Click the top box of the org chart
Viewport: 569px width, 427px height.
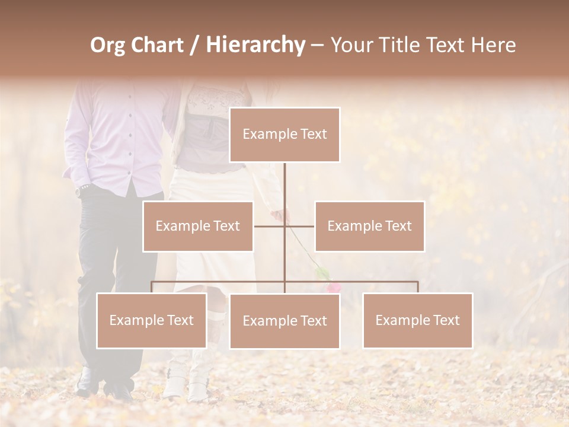click(x=284, y=135)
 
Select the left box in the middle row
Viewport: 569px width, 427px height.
click(x=197, y=226)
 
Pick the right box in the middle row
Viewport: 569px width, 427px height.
click(x=369, y=226)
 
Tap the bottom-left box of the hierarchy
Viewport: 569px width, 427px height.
click(x=151, y=320)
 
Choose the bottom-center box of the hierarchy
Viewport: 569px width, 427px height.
click(x=284, y=321)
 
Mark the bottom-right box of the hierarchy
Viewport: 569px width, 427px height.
click(x=417, y=320)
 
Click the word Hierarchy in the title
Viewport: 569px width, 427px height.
click(x=255, y=45)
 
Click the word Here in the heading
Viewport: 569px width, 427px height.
click(x=493, y=45)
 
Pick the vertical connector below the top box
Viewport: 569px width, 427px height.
click(x=284, y=190)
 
